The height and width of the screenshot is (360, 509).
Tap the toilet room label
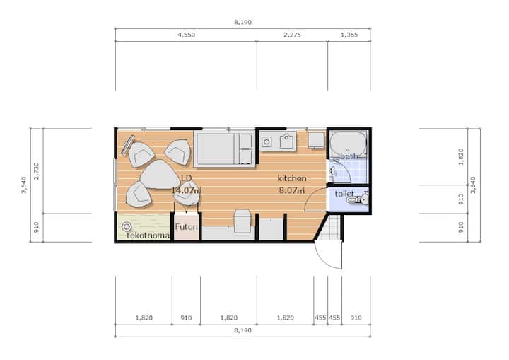[x=344, y=194]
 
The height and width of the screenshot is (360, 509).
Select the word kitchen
[x=292, y=178]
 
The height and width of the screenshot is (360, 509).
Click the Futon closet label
[x=187, y=227]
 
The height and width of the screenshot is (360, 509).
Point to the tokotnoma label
[x=148, y=236]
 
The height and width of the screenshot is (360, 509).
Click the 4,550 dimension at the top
[x=187, y=35]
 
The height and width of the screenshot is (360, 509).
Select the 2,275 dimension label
[x=292, y=35]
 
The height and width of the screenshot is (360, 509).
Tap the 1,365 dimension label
[x=349, y=35]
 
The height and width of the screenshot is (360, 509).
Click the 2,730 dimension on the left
[x=36, y=171]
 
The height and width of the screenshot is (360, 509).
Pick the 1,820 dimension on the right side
[x=461, y=156]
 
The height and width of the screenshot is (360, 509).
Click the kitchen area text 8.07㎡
[x=292, y=190]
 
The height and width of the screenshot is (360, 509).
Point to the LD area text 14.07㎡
[x=186, y=190]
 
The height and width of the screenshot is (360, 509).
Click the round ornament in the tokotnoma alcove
[x=127, y=226]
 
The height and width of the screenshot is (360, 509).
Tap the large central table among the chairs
[x=159, y=175]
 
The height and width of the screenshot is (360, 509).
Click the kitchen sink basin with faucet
[x=286, y=141]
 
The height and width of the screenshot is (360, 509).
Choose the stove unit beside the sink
[x=267, y=141]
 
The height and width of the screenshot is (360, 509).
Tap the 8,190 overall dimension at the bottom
[x=242, y=330]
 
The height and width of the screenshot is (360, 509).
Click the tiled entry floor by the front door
[x=331, y=228]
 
